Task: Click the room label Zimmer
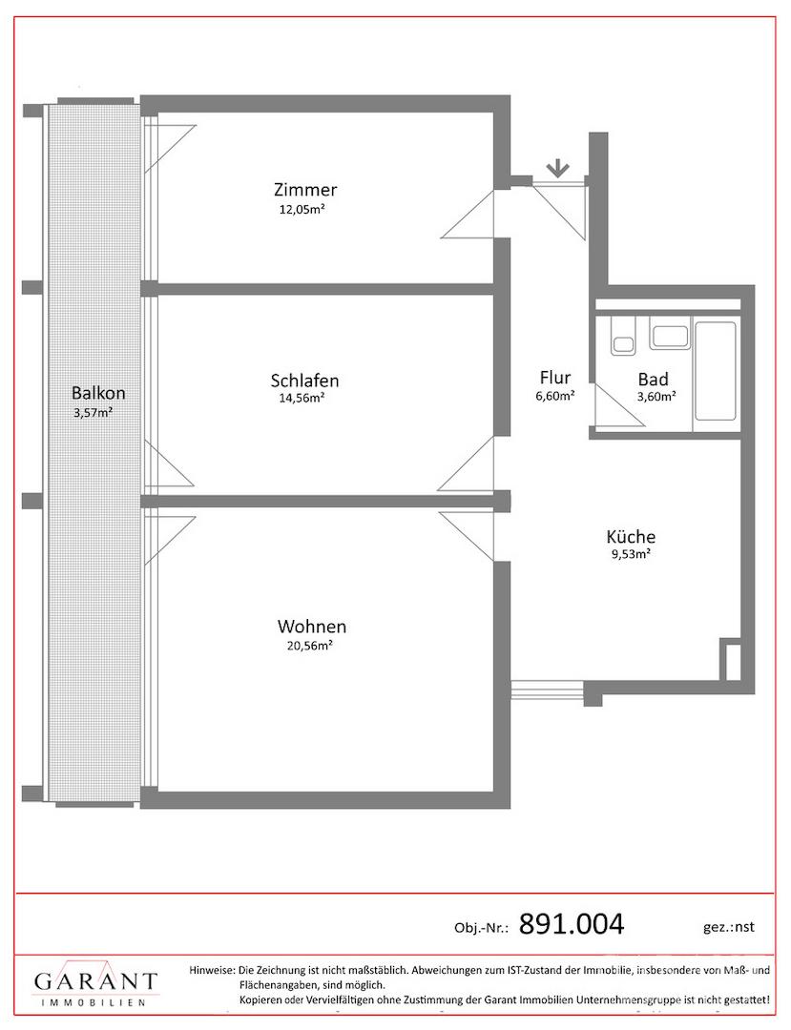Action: [304, 190]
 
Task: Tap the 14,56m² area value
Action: [302, 398]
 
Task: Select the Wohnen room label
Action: [311, 626]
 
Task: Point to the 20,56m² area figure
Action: [309, 645]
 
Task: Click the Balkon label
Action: [98, 393]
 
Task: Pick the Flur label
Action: [555, 378]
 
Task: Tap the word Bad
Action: [653, 379]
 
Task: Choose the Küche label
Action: [631, 537]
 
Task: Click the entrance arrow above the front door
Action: [558, 169]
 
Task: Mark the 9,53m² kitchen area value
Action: [631, 553]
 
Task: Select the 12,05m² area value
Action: [303, 210]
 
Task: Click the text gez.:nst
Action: [728, 927]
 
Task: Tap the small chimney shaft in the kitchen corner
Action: [731, 659]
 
